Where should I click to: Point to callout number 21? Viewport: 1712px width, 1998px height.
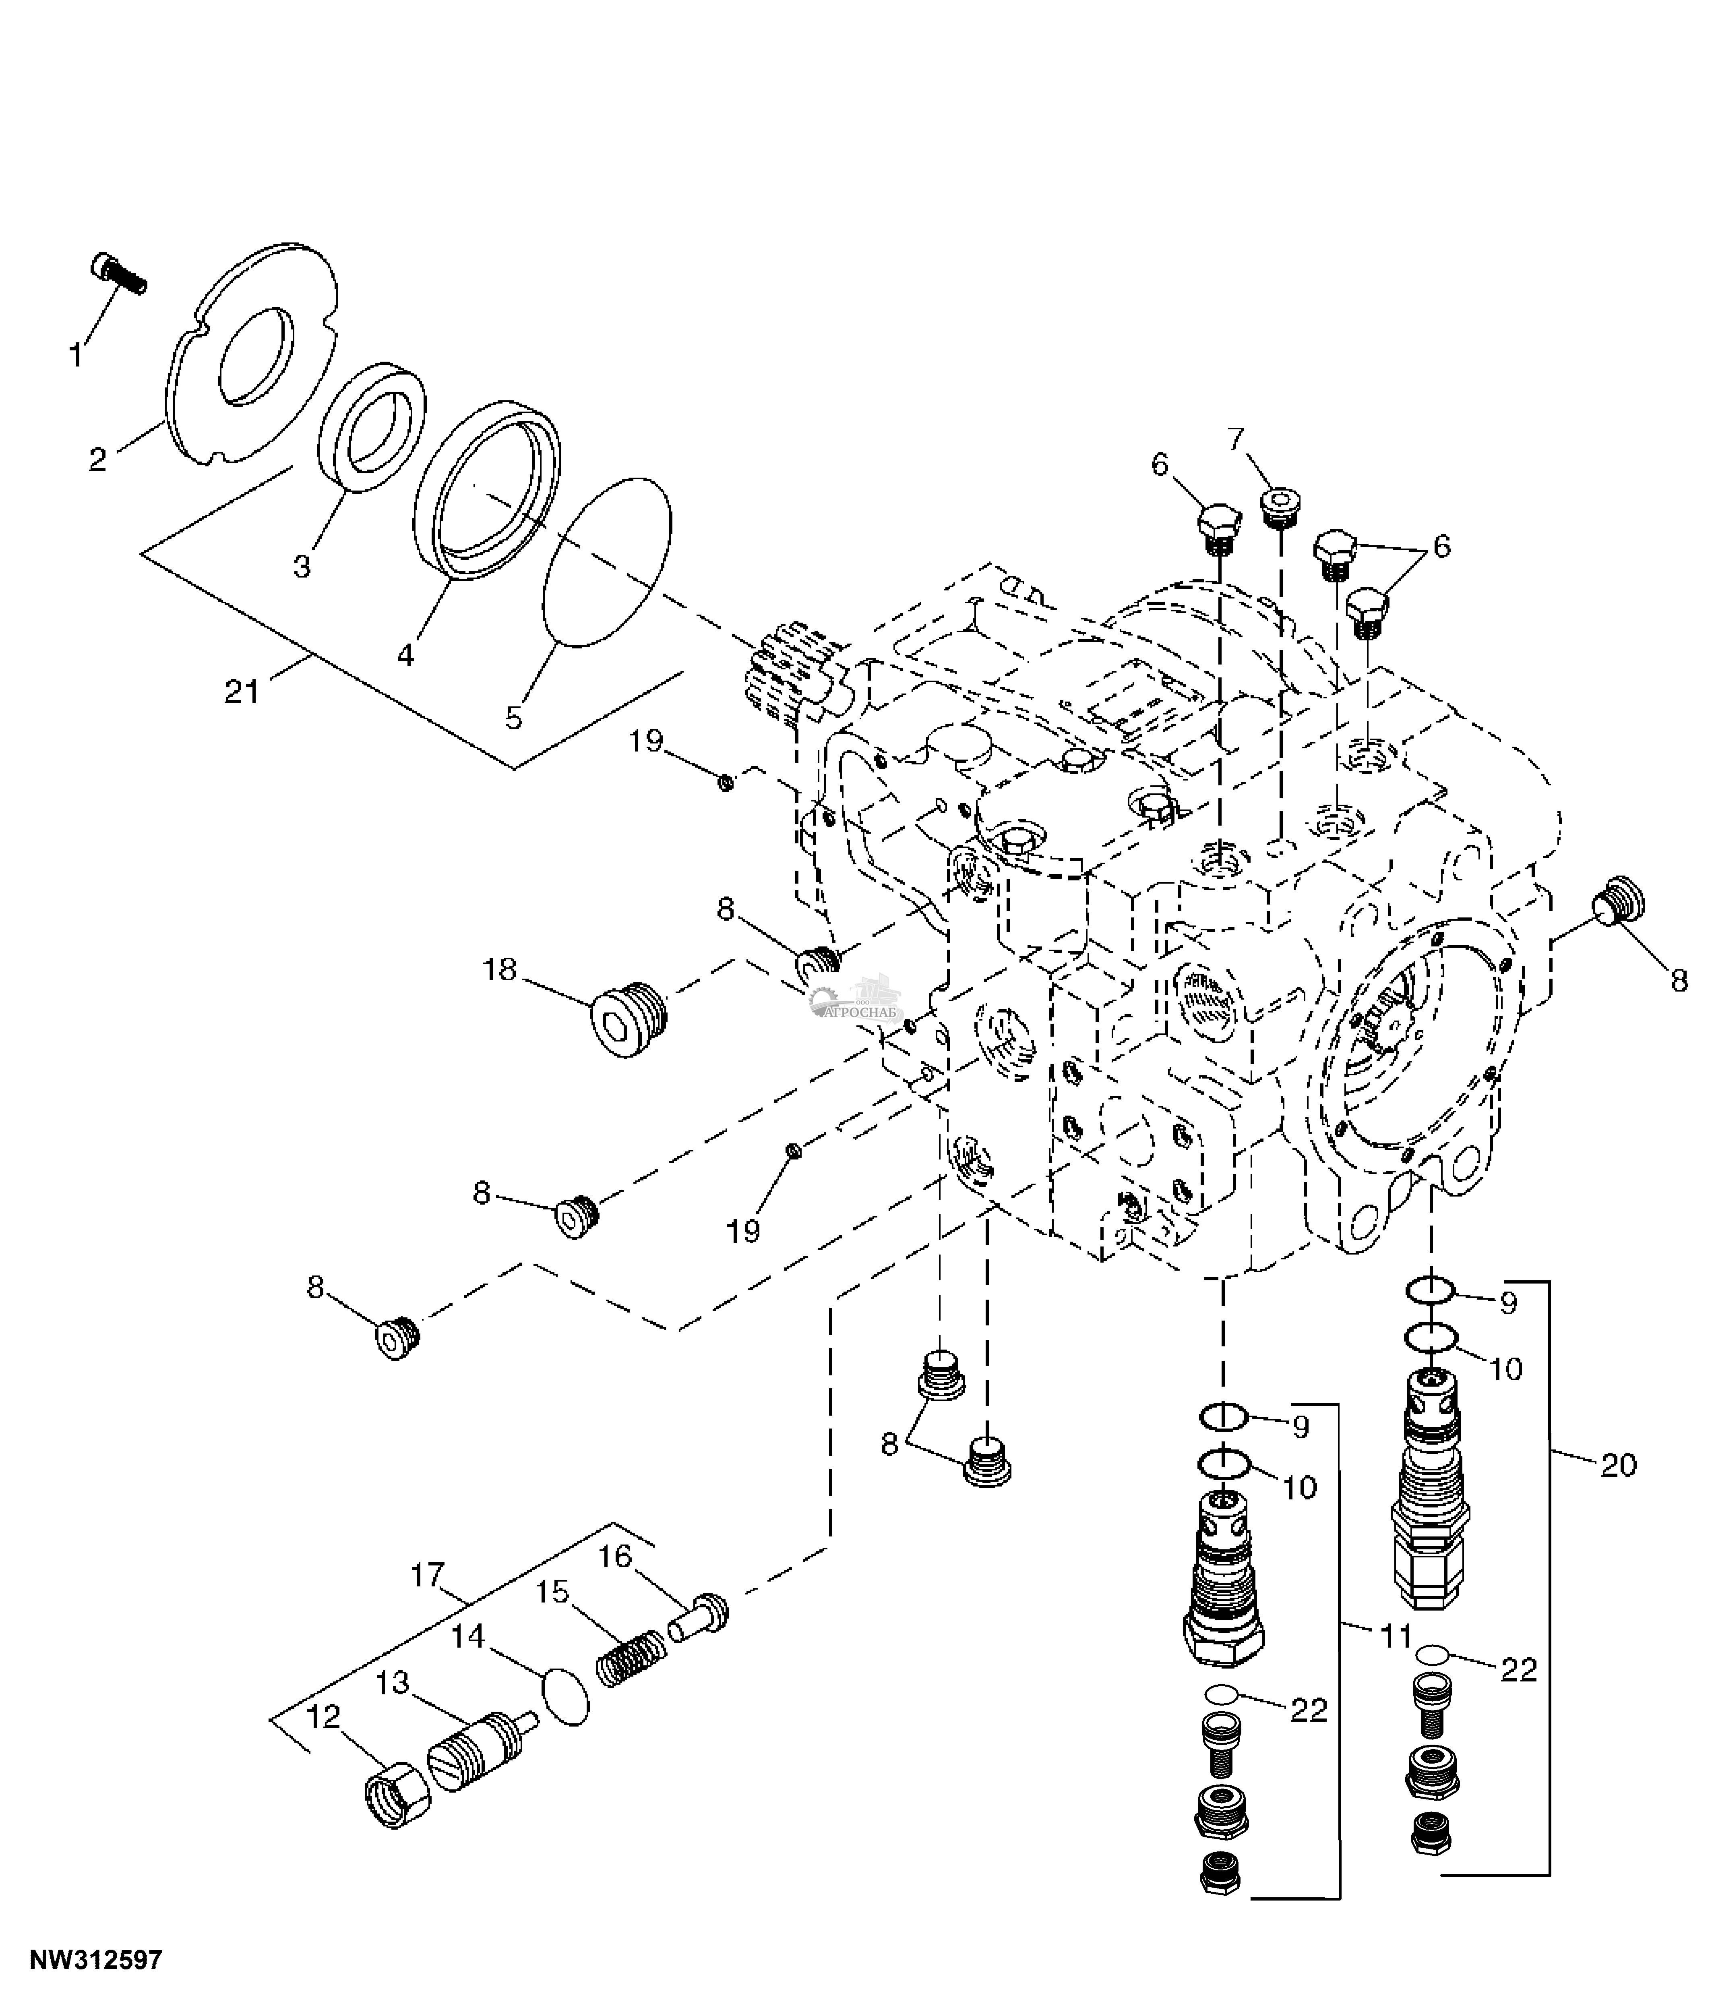tap(242, 692)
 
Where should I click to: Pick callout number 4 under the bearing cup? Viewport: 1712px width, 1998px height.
tap(405, 656)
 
